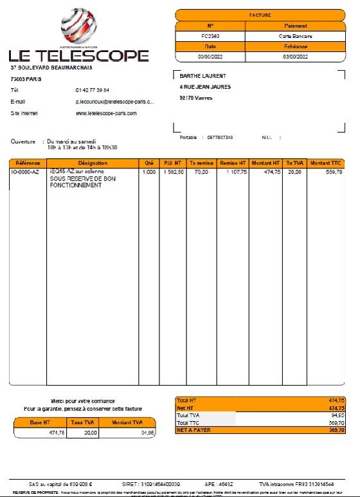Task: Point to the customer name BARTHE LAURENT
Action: point(203,76)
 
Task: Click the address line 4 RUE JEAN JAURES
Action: point(205,87)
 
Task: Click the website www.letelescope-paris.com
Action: point(106,113)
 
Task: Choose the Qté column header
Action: point(149,163)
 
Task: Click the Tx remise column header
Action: point(201,163)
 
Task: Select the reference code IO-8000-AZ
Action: point(26,172)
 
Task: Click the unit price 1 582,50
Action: point(174,172)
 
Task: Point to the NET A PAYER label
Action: point(194,430)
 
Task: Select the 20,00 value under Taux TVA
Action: point(90,433)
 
